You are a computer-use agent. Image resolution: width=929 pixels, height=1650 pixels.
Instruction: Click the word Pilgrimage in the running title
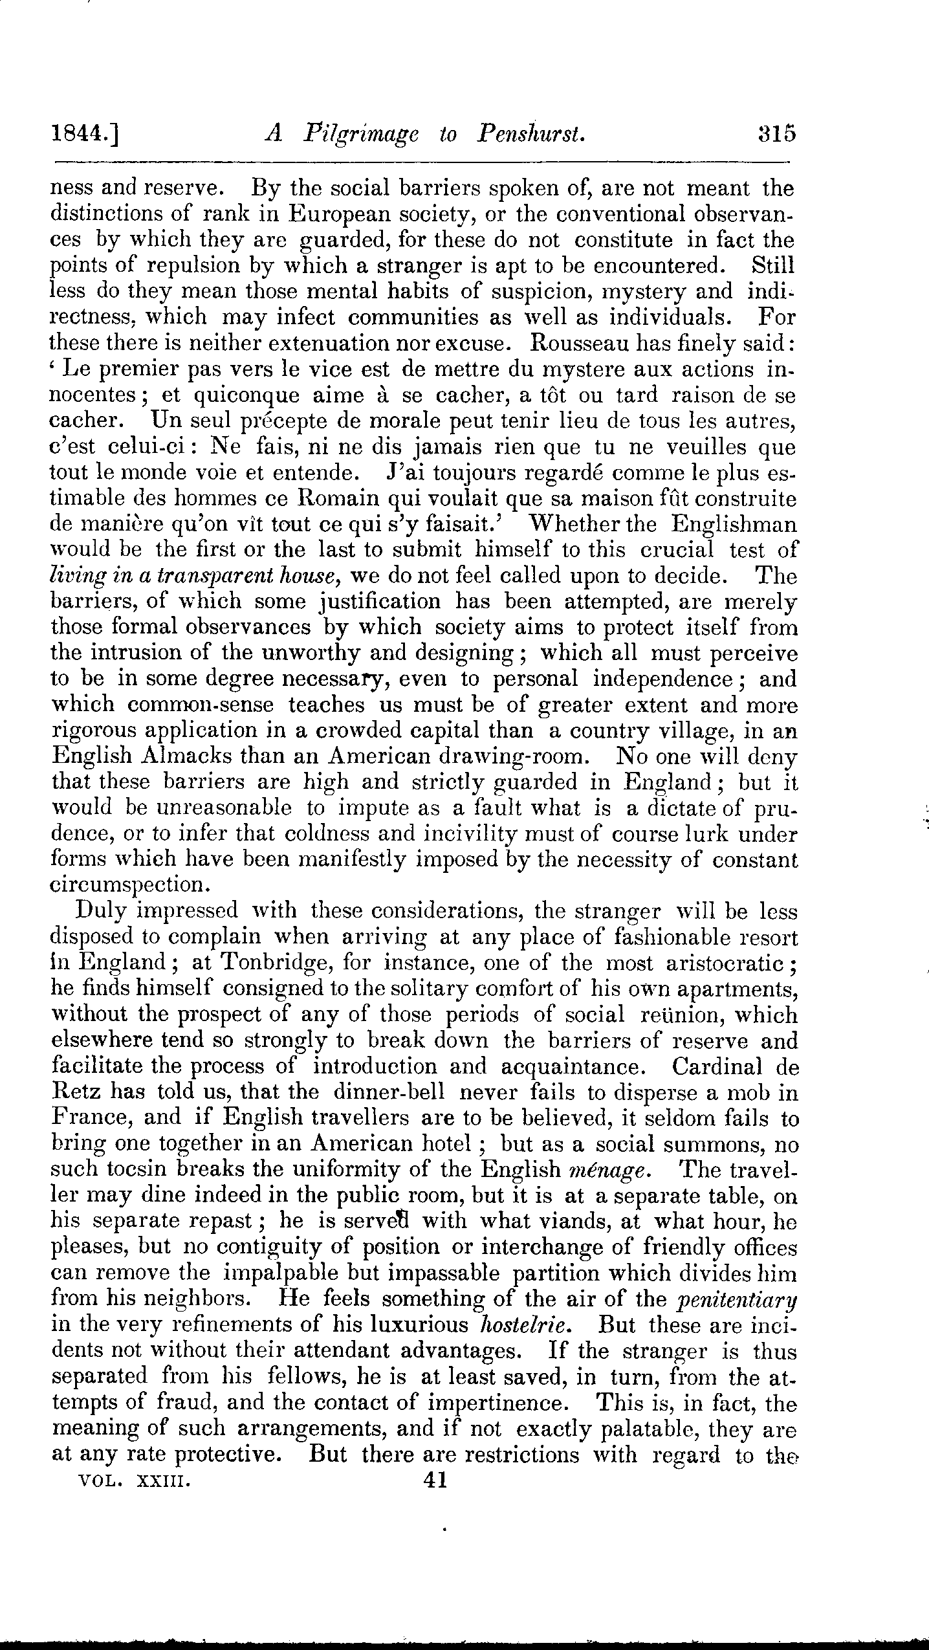point(361,135)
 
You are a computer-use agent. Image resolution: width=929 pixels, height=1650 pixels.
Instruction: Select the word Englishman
point(734,524)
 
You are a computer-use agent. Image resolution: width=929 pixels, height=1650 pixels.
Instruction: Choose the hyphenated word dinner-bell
point(389,1092)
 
